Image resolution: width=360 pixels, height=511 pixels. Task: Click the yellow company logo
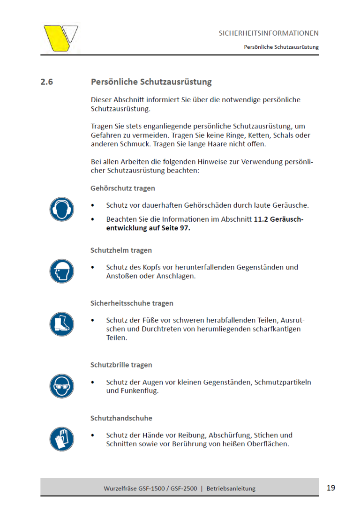tap(60, 38)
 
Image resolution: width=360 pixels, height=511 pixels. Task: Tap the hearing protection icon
tap(62, 209)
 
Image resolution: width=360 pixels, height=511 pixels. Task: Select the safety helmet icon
tap(62, 271)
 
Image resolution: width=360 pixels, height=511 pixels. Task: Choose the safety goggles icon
tap(62, 386)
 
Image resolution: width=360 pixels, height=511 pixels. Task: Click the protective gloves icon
tap(62, 439)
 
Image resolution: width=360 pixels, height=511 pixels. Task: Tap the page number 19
tap(330, 488)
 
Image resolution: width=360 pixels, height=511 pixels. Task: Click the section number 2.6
tap(47, 82)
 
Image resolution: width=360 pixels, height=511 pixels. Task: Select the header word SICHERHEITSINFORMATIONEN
tap(269, 33)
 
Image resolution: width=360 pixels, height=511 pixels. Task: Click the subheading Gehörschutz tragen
tap(123, 188)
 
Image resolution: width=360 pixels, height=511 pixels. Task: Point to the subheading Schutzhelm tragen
tap(121, 250)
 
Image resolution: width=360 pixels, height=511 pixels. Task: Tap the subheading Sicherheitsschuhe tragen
tap(132, 303)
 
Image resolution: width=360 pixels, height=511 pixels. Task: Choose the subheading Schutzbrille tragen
tap(121, 365)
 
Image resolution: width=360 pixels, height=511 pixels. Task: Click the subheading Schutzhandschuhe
tap(121, 418)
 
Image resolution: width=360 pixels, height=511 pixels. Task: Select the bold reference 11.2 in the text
tap(261, 219)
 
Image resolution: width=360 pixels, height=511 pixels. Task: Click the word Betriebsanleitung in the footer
tap(231, 488)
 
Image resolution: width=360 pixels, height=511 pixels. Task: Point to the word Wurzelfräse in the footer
tap(120, 488)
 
